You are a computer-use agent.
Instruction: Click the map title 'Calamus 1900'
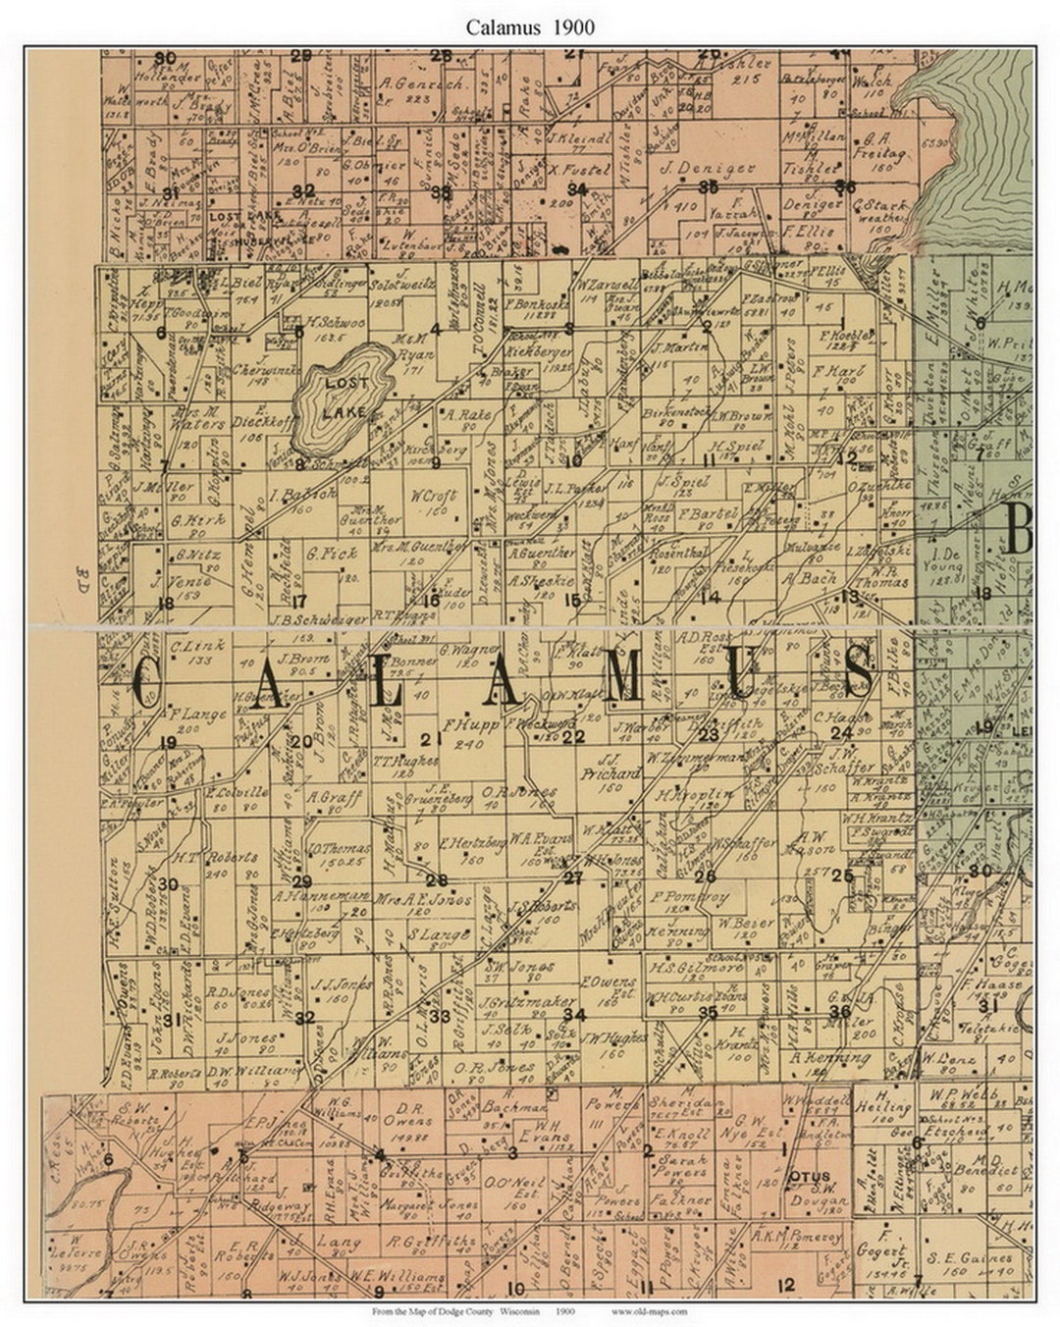[530, 27]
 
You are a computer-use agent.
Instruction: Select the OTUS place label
[809, 1175]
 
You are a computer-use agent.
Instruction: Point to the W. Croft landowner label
[430, 496]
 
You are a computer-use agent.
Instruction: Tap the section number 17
[299, 601]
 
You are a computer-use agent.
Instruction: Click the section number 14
[710, 597]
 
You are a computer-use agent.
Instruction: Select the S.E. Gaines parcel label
[975, 1258]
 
